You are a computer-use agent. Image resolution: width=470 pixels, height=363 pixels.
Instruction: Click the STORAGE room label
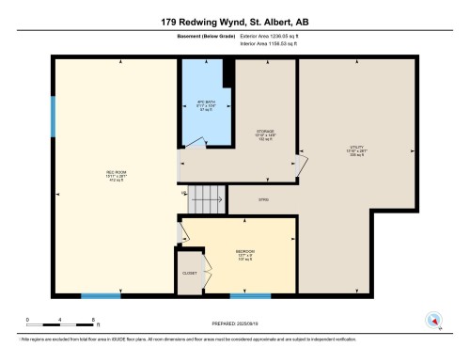266,134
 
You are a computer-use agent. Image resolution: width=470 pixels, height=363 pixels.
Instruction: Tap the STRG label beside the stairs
263,199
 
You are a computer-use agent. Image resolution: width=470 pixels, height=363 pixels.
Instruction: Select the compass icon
434,318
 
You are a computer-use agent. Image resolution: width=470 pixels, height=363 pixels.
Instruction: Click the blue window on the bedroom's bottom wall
250,297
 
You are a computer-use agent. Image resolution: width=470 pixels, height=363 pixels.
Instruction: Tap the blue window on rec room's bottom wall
100,297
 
